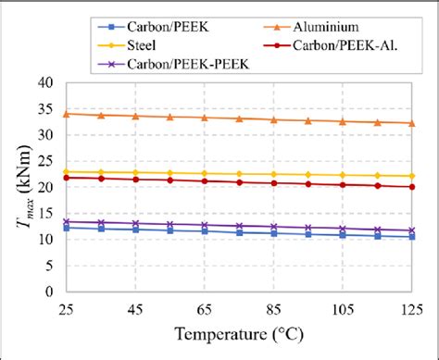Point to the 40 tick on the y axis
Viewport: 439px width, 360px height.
(x=48, y=82)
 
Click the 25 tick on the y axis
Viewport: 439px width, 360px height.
(x=48, y=161)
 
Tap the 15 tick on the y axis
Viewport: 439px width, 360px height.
(x=48, y=213)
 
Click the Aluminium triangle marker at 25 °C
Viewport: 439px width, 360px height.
(x=66, y=114)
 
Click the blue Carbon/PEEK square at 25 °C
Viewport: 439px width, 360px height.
(x=66, y=228)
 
